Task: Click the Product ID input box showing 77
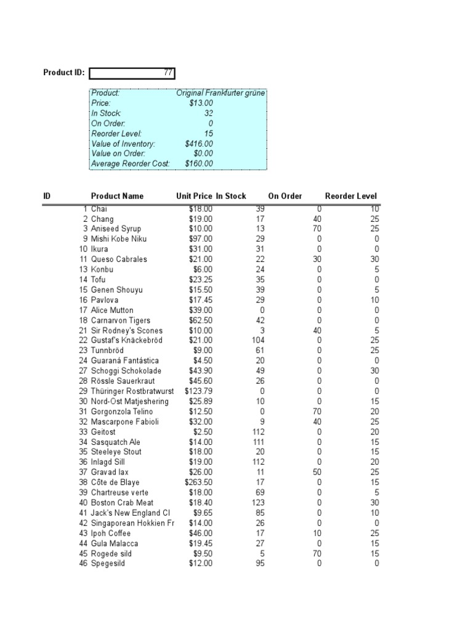pyautogui.click(x=132, y=73)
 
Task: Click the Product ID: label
pyautogui.click(x=63, y=73)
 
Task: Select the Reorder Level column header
pyautogui.click(x=351, y=196)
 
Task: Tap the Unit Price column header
pyautogui.click(x=194, y=196)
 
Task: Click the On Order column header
pyautogui.click(x=285, y=196)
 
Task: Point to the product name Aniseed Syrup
pyautogui.click(x=116, y=229)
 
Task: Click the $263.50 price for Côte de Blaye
pyautogui.click(x=199, y=482)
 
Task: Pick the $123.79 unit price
pyautogui.click(x=199, y=391)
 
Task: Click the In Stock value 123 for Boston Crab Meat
pyautogui.click(x=257, y=503)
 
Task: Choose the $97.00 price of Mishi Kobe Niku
pyautogui.click(x=201, y=239)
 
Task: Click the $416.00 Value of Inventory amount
pyautogui.click(x=199, y=144)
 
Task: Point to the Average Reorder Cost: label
pyautogui.click(x=130, y=164)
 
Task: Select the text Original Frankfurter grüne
pyautogui.click(x=220, y=93)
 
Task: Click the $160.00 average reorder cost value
pyautogui.click(x=199, y=164)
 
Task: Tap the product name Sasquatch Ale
pyautogui.click(x=116, y=442)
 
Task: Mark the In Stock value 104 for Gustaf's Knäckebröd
pyautogui.click(x=257, y=341)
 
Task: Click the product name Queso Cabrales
pyautogui.click(x=119, y=259)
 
